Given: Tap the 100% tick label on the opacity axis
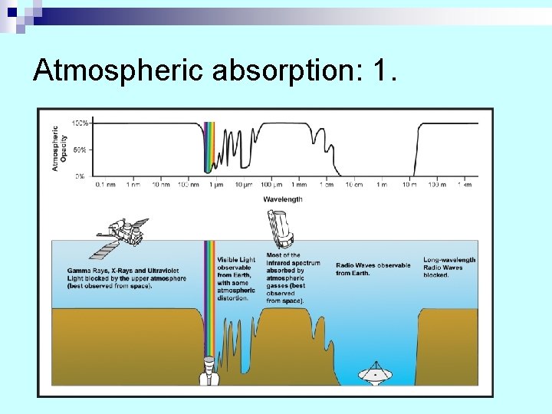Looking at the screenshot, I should tap(80, 123).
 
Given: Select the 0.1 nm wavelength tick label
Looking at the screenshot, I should tap(104, 185).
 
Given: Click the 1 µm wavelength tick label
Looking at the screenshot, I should tap(215, 185).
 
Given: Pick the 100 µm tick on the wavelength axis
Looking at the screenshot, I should tap(271, 185).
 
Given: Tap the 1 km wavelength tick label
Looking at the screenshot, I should tap(464, 185).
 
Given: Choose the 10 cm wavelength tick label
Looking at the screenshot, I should tap(354, 185).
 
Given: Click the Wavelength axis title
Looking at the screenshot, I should tap(283, 199).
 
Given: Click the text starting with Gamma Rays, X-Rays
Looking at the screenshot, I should tap(127, 278).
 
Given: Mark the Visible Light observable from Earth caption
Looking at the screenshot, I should tap(236, 278).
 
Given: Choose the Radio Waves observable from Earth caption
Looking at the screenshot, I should tap(373, 269).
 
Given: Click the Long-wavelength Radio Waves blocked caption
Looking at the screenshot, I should tap(449, 268).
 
